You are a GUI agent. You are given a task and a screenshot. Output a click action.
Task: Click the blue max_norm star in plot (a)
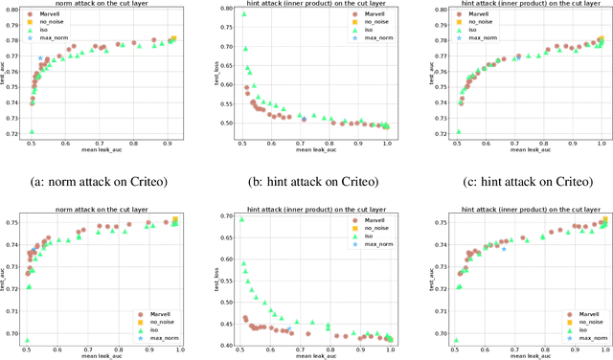(40, 59)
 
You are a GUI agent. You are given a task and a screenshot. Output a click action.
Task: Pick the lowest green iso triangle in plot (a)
(32, 131)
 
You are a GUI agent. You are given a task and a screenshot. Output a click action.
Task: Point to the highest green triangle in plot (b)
(242, 14)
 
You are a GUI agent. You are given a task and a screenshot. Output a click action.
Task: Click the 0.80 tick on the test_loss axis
(224, 11)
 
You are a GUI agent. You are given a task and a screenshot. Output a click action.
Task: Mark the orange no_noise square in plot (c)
(601, 39)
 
